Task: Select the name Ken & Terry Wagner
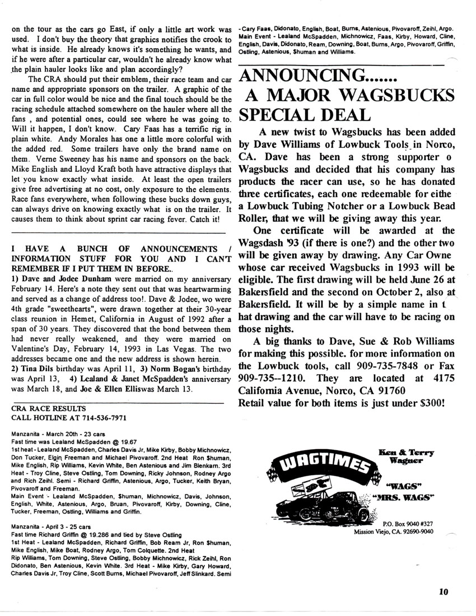pos(407,456)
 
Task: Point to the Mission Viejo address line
pos(394,531)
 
